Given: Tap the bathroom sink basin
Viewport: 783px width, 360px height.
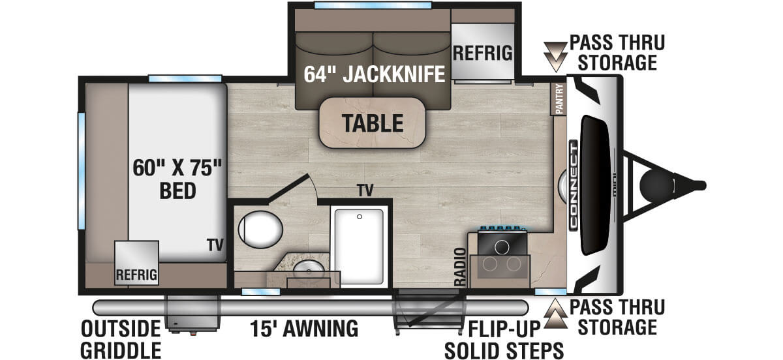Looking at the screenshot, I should pyautogui.click(x=305, y=268).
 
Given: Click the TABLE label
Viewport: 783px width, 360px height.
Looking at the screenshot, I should pyautogui.click(x=371, y=122).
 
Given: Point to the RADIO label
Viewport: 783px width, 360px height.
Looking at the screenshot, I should pyautogui.click(x=460, y=267).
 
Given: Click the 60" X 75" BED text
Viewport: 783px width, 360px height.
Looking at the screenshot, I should pyautogui.click(x=177, y=177).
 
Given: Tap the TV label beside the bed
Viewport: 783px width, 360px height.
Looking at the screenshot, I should pyautogui.click(x=215, y=245).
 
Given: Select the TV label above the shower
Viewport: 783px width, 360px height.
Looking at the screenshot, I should pyautogui.click(x=365, y=190).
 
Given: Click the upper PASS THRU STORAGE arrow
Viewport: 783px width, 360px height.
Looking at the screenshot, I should pyautogui.click(x=556, y=56).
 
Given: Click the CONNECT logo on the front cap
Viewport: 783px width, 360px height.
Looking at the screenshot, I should pyautogui.click(x=573, y=185).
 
